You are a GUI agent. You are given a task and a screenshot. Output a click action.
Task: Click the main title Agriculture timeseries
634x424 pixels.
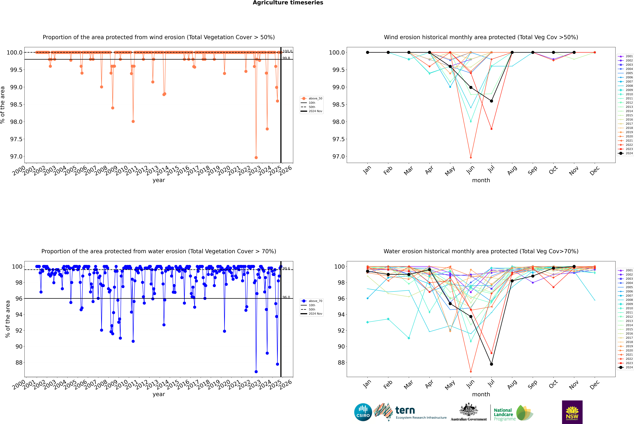[288, 3]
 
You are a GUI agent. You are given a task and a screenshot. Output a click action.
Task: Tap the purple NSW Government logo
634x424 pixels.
[572, 412]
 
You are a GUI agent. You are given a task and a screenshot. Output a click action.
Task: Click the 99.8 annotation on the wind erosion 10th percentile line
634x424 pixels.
[286, 58]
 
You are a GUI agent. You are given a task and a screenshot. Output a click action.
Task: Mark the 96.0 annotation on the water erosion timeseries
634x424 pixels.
[286, 297]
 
